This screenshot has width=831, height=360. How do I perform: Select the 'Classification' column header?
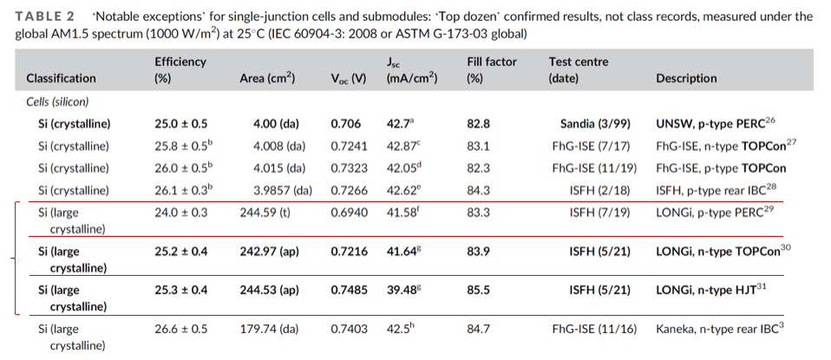(61, 78)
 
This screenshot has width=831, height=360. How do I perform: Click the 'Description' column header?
(686, 78)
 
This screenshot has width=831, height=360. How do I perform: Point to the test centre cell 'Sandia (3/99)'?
(594, 124)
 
